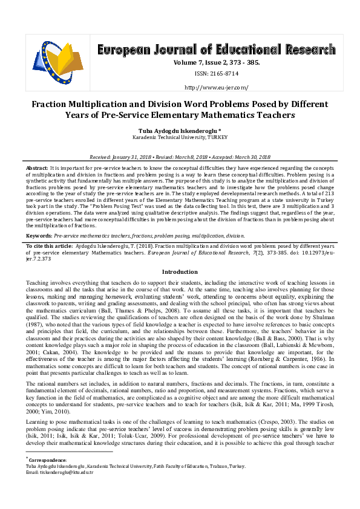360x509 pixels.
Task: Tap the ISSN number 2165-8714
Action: (215, 74)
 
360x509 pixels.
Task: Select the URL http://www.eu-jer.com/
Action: (215, 87)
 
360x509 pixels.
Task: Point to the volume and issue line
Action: (215, 62)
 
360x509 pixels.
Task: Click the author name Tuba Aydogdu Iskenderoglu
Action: (178, 130)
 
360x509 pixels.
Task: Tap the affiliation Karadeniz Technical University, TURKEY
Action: (180, 138)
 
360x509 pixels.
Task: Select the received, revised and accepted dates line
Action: (180, 157)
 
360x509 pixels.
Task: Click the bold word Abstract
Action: (36, 166)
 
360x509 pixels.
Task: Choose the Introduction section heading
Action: (180, 272)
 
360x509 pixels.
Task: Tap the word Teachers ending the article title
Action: (273, 114)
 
